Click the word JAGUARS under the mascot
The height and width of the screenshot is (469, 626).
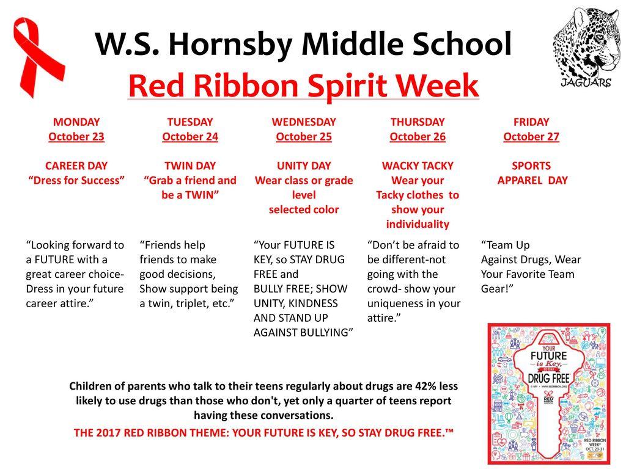pos(586,83)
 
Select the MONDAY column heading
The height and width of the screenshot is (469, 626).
pos(76,122)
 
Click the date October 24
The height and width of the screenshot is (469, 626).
pos(190,136)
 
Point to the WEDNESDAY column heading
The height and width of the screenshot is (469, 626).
pos(304,122)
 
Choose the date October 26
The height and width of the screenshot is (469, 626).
pos(418,136)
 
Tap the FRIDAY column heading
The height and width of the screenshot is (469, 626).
pos(531,122)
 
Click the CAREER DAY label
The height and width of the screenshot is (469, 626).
pos(76,165)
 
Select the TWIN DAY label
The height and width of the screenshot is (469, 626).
pos(190,165)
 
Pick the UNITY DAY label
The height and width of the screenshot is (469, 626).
pos(304,165)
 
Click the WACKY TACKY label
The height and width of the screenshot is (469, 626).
pos(418,165)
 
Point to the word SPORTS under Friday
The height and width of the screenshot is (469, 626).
pos(531,165)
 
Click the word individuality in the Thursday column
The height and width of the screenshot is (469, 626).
pos(418,224)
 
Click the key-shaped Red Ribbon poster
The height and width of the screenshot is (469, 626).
pos(548,393)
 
